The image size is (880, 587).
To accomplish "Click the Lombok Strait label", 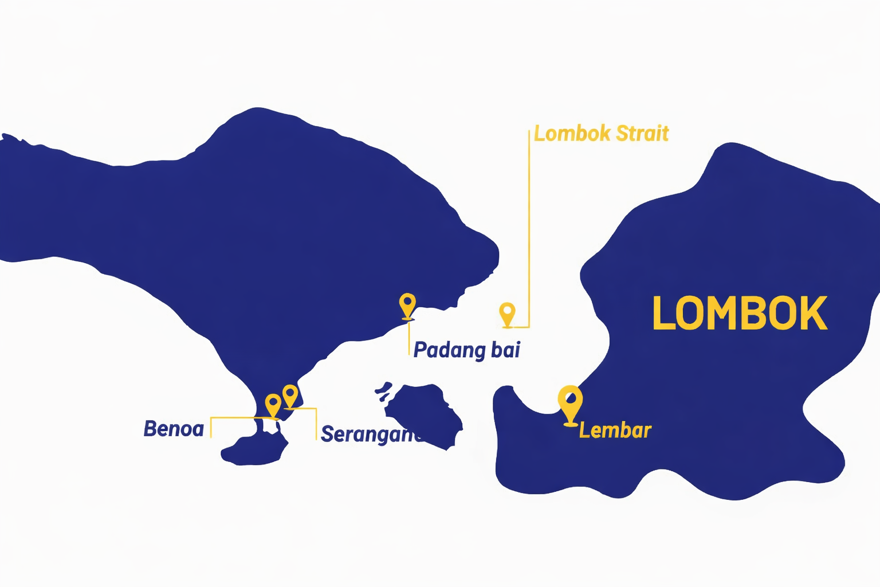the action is point(601,134).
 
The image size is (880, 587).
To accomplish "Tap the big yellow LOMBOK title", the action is point(740,314).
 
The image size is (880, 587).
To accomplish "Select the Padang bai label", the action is point(467,350).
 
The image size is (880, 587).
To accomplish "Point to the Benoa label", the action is point(174,429).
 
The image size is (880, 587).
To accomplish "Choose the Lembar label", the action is point(615,431).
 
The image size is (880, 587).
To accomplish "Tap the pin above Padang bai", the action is point(407,304).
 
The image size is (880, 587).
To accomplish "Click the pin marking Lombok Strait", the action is point(507,313).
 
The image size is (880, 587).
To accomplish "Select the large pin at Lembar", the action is point(570,402).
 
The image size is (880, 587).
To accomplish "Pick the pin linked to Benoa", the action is point(273,404).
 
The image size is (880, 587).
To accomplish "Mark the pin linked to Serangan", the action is point(290,395).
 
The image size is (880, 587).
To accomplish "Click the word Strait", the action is point(642,134).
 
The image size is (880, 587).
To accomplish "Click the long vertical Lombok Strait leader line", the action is point(528,229).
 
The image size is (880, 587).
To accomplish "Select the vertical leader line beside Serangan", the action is point(316,424).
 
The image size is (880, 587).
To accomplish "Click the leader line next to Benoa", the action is point(211,427).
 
